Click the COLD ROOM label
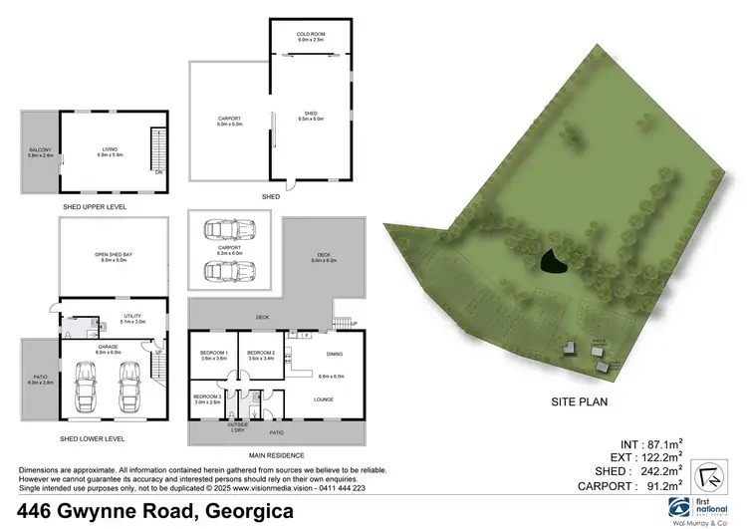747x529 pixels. (310, 36)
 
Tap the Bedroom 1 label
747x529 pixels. (214, 354)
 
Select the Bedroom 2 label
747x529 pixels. (261, 354)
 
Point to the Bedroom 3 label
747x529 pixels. (208, 398)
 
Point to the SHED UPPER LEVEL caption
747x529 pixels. (93, 206)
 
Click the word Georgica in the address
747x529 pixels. (249, 512)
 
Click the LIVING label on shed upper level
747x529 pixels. (110, 151)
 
